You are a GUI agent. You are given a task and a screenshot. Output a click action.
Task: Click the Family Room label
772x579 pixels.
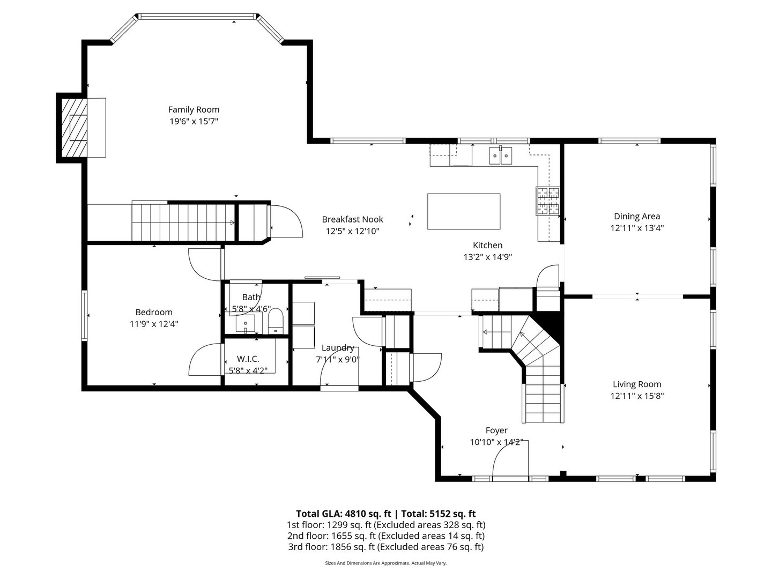[194, 110]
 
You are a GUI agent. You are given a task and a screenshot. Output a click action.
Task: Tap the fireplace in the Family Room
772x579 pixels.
[74, 128]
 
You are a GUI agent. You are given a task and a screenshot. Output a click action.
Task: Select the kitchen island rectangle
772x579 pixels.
[464, 211]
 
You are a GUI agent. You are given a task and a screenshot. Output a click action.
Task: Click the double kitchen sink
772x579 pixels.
[500, 155]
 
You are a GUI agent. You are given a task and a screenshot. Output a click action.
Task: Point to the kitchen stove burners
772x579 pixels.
[547, 201]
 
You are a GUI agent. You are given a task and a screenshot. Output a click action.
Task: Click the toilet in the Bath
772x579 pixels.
[275, 321]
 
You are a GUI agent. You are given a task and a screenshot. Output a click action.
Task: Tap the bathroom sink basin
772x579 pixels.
[245, 323]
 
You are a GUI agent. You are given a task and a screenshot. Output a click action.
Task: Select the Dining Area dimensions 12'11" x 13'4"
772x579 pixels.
[637, 228]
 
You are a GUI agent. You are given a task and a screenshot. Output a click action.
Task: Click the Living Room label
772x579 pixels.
[637, 384]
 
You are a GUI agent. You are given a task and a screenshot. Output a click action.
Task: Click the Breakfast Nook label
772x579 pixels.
[352, 219]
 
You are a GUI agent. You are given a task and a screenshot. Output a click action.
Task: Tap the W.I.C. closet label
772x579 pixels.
[248, 359]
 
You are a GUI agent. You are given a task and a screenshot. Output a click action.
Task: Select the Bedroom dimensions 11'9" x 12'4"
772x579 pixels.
[154, 324]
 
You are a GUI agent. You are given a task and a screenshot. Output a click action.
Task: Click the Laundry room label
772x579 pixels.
[338, 348]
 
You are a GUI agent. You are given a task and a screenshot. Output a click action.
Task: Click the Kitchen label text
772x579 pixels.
[487, 245]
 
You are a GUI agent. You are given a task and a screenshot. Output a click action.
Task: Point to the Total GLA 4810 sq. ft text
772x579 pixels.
[343, 514]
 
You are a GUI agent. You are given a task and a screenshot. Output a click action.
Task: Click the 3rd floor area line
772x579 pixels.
[386, 547]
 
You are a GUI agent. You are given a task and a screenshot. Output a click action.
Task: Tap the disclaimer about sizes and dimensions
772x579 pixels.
[386, 563]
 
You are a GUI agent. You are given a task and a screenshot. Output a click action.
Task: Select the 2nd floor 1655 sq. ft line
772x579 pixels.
[386, 536]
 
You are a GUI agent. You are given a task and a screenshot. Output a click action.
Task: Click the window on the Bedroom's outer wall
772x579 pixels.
[84, 315]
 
